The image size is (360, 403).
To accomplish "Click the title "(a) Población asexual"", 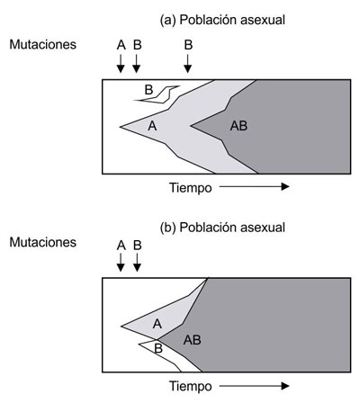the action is click(222, 21).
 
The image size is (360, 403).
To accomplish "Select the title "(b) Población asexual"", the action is click(222, 228).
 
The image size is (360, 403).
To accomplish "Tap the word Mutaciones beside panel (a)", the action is click(43, 44).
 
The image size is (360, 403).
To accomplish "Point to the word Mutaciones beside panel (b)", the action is click(43, 242).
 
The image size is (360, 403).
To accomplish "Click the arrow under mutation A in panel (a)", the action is click(121, 63).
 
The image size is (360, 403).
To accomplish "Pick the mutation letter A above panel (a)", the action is click(121, 45).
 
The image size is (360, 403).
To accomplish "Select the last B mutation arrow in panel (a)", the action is click(188, 63).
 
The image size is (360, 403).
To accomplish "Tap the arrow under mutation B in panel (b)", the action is click(137, 263).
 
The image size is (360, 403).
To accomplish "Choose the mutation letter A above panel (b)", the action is click(121, 246).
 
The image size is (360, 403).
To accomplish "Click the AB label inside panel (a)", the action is click(238, 126).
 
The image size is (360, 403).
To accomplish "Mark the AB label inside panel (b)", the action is click(193, 340).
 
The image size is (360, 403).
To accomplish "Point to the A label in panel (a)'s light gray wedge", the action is click(152, 126).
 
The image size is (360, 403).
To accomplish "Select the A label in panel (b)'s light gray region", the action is click(157, 324).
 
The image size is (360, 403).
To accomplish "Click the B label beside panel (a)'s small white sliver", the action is click(148, 90).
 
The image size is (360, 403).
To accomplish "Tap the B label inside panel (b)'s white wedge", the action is click(158, 348).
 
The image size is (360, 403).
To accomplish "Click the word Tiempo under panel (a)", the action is click(191, 188).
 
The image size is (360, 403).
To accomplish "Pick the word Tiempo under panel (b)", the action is click(191, 386).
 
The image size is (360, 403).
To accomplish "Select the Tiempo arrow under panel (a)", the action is click(254, 187).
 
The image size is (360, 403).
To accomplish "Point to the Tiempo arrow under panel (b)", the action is click(254, 385).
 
